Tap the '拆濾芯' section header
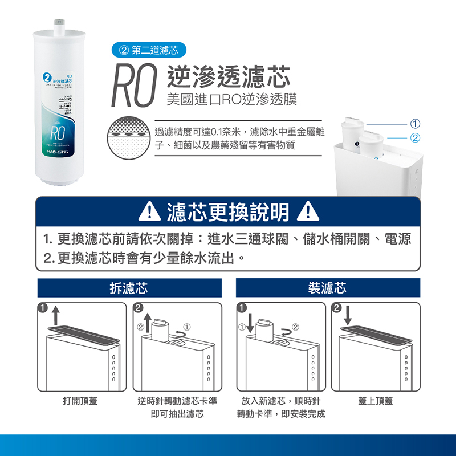(129, 288)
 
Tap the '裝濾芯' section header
(328, 288)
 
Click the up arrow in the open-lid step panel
(55, 315)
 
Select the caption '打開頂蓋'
(80, 401)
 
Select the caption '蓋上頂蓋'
(375, 401)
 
